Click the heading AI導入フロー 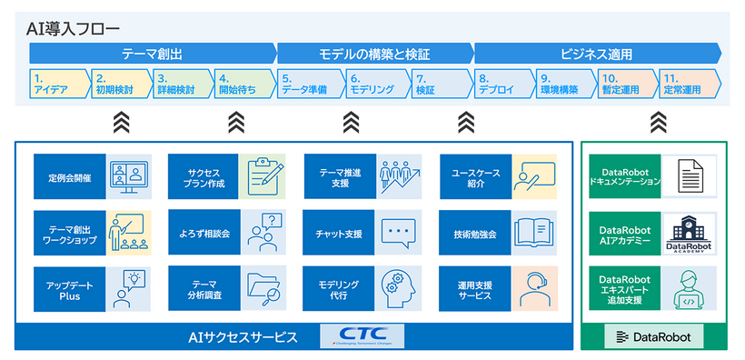tap(73, 28)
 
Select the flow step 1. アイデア tap(58, 84)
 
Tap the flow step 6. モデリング tap(372, 84)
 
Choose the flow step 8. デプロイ tap(500, 84)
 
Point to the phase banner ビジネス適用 tap(596, 54)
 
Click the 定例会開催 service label tap(69, 177)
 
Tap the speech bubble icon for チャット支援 tap(397, 234)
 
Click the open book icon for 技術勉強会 tap(533, 234)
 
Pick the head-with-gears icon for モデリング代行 tap(397, 288)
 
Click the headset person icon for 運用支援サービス tap(533, 288)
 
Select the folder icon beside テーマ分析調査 tap(262, 288)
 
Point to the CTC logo tap(363, 336)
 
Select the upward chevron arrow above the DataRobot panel tap(659, 122)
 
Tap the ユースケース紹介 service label tap(473, 177)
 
